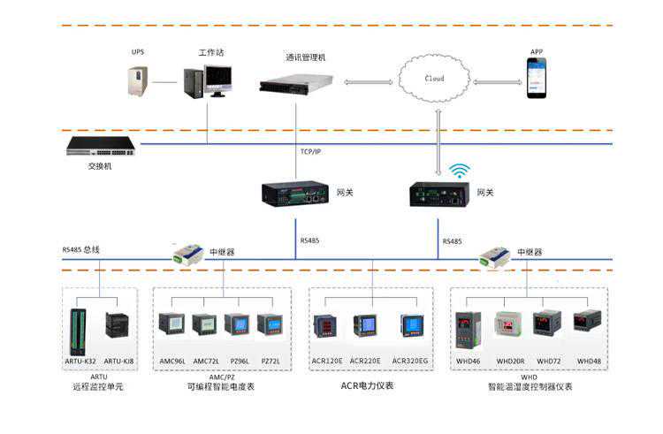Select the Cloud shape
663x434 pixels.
pos(434,79)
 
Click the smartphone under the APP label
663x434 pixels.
pos(537,77)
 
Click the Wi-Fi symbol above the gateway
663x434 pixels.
pos(459,170)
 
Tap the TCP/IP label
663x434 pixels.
pos(309,152)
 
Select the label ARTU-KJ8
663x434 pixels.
pos(118,361)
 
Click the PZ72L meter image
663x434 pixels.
pos(270,324)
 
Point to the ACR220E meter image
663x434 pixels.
pos(364,325)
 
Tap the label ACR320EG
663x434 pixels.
pos(409,361)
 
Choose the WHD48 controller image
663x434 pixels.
pos(587,320)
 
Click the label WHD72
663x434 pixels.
pos(549,361)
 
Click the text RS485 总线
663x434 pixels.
pos(80,250)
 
